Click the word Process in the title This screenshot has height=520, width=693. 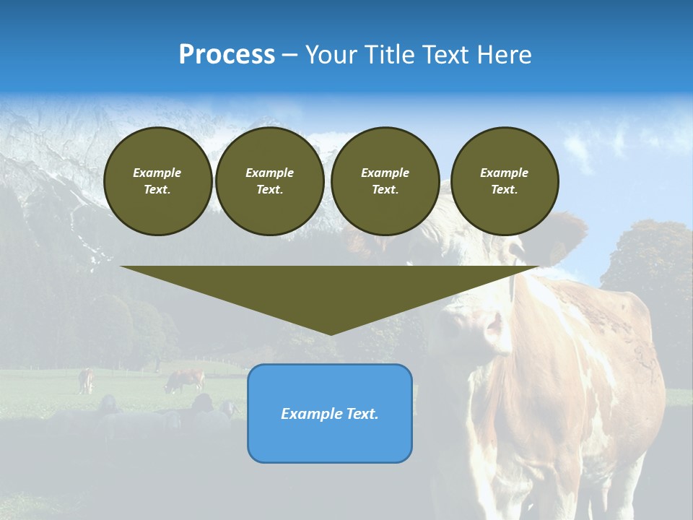tap(227, 55)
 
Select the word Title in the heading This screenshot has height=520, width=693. tap(390, 55)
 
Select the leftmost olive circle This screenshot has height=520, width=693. tap(157, 181)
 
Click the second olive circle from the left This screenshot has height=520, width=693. tap(269, 181)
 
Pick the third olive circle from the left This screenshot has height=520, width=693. tap(385, 181)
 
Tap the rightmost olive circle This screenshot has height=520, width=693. tap(504, 181)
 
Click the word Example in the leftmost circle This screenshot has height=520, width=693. tap(157, 173)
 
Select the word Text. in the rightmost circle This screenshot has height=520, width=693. tap(504, 190)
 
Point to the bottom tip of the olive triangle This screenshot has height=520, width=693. tap(330, 333)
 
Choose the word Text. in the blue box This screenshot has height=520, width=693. tap(362, 414)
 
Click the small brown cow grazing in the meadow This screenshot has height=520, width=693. tap(186, 380)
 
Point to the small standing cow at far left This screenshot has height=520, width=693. tap(86, 380)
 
